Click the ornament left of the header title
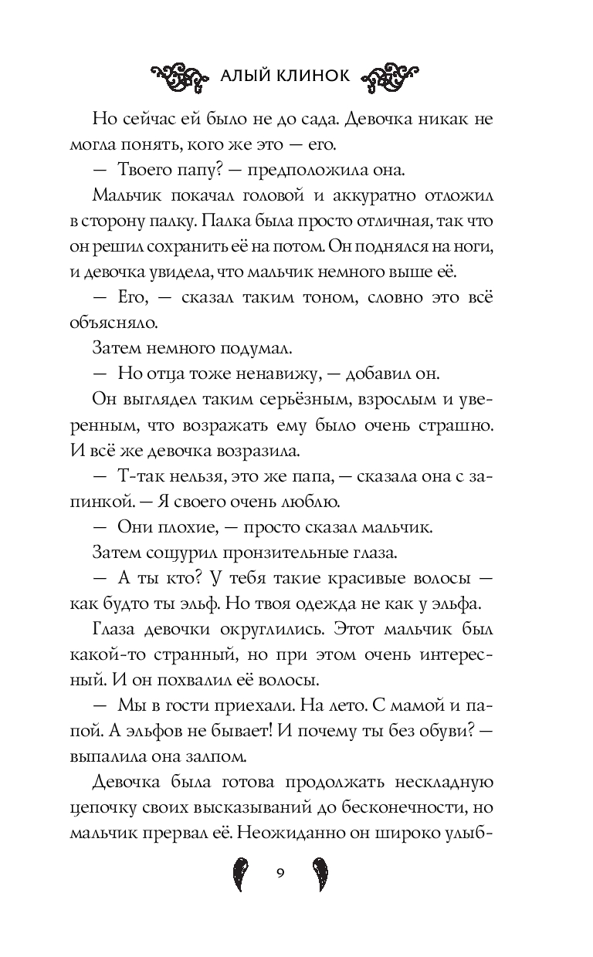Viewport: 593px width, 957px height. tap(178, 75)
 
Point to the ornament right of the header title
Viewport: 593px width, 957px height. tap(393, 75)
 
